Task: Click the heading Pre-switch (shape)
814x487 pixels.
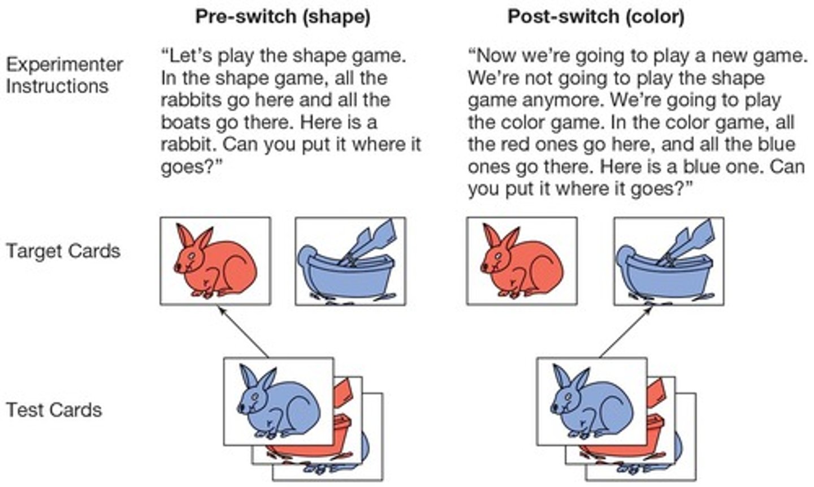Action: click(283, 17)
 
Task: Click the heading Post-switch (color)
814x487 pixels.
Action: click(596, 17)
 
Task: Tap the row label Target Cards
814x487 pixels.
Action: click(63, 251)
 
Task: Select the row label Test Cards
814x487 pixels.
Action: click(54, 410)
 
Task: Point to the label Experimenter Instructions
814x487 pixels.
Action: click(64, 75)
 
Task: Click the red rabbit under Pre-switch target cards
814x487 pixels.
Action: click(215, 261)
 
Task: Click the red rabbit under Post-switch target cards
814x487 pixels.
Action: click(522, 261)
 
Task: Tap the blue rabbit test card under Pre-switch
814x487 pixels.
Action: click(279, 402)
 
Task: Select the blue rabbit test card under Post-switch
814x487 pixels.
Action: click(592, 402)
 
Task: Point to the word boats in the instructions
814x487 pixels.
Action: click(185, 122)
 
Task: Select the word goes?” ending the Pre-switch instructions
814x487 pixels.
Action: click(191, 167)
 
